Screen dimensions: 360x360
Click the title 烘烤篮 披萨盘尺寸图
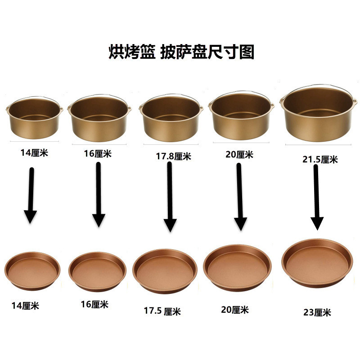[x=181, y=52]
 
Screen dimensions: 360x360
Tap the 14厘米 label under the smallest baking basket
[x=35, y=153]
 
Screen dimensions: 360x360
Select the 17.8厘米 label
[x=174, y=156]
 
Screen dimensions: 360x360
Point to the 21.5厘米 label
[x=320, y=159]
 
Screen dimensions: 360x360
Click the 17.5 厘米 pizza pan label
[x=162, y=311]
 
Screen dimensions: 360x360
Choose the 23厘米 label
[x=317, y=312]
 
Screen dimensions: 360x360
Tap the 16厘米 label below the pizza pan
[x=94, y=305]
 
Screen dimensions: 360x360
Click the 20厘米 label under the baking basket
[x=239, y=154]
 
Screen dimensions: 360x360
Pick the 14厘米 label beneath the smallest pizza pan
[x=25, y=306]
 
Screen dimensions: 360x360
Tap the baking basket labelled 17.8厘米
[x=171, y=117]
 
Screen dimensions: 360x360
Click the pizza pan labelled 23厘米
[x=317, y=263]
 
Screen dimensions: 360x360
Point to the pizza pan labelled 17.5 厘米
[x=165, y=271]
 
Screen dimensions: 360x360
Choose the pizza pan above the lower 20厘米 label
[x=238, y=268]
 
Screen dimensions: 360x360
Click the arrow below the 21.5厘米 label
[x=317, y=198]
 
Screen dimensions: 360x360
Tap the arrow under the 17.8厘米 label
[x=170, y=197]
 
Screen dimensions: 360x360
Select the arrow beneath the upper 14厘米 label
[x=31, y=195]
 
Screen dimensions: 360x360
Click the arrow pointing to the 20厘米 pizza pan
[x=240, y=197]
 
